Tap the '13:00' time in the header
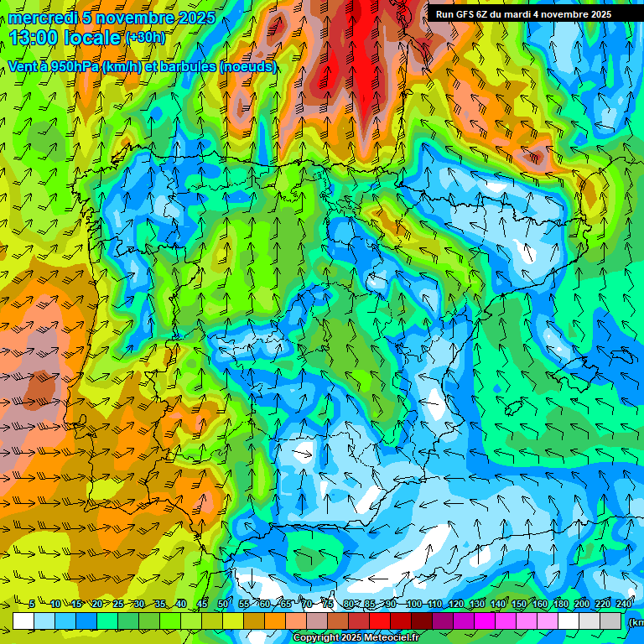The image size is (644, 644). (x=33, y=38)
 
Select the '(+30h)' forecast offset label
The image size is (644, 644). (x=145, y=38)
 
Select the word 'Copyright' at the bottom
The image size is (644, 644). (x=316, y=638)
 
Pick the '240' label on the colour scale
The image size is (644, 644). (x=623, y=605)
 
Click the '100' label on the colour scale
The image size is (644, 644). (x=413, y=605)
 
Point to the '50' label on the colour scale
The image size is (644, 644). (x=223, y=605)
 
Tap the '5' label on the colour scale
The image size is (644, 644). (x=32, y=605)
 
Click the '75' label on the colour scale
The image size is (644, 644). (x=328, y=605)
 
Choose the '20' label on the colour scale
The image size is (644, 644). (x=96, y=605)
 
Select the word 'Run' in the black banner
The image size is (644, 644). (x=444, y=14)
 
